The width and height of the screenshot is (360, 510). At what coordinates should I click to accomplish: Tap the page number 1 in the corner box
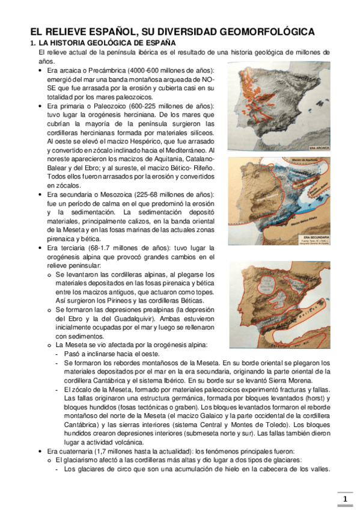[x=345, y=500]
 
